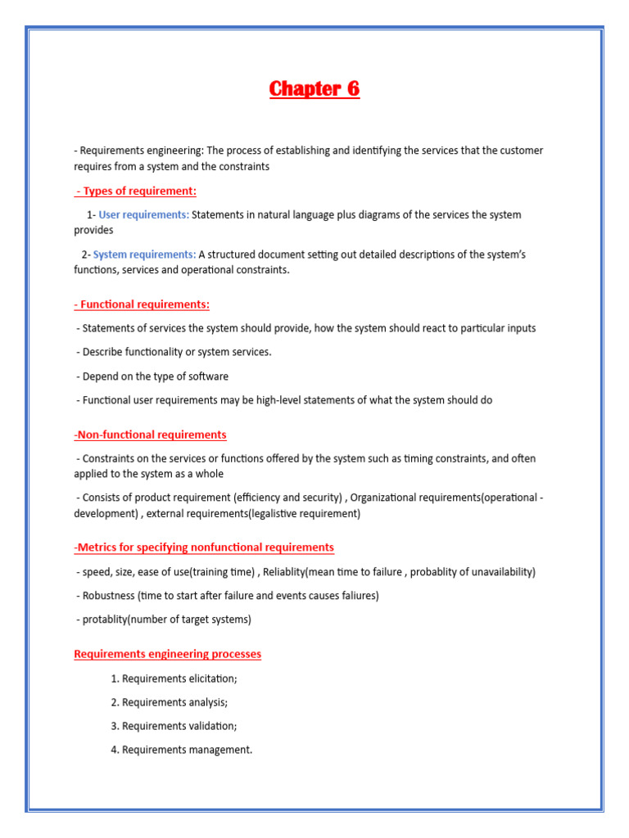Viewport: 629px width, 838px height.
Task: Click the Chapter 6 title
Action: click(x=314, y=89)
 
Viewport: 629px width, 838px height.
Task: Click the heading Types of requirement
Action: click(x=136, y=191)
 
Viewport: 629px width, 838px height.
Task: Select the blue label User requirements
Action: click(x=143, y=214)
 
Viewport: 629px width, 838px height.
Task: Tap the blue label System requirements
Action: click(x=144, y=255)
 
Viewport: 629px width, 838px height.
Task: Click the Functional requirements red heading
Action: click(x=142, y=304)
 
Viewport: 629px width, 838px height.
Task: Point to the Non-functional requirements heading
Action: click(x=150, y=435)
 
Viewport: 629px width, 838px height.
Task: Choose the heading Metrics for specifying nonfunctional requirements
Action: click(x=204, y=547)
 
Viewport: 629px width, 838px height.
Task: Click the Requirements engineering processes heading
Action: click(x=167, y=654)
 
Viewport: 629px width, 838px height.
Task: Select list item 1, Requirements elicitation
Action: click(x=174, y=678)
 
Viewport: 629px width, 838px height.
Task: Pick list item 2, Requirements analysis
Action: click(x=169, y=702)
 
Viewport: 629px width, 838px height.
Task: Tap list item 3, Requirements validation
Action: click(x=173, y=726)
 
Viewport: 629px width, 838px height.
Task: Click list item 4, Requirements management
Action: click(x=181, y=750)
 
